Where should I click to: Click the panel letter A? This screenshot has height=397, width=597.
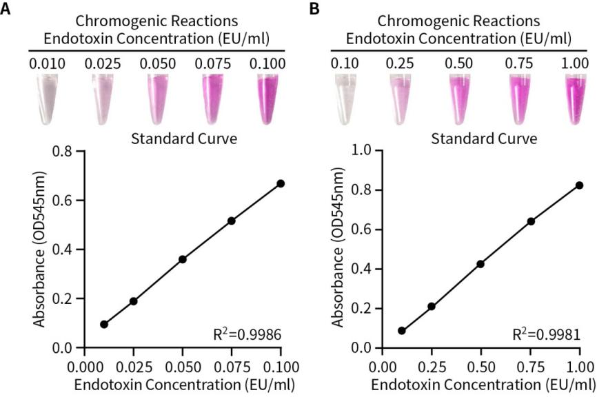click(x=6, y=10)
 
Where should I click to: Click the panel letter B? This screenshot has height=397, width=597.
click(x=314, y=10)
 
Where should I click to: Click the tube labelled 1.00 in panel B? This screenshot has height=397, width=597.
click(x=574, y=101)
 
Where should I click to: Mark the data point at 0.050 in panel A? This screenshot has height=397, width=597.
click(x=183, y=259)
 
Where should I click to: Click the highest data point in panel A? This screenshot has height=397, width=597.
click(x=281, y=183)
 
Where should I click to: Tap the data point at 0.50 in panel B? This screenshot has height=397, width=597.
click(x=480, y=264)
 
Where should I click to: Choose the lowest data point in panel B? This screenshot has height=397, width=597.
click(x=402, y=331)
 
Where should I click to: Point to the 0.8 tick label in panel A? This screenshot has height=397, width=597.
click(x=65, y=151)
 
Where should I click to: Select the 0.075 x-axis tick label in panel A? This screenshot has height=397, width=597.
click(x=232, y=365)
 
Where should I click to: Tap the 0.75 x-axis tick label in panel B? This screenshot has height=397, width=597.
click(x=530, y=365)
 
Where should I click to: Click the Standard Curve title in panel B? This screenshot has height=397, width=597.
click(x=483, y=139)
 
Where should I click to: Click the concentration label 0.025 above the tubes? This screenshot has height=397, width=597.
click(x=102, y=64)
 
